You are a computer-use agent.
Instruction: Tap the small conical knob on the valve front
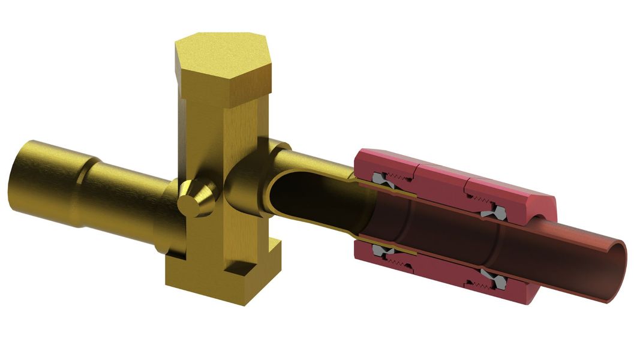[x=197, y=199]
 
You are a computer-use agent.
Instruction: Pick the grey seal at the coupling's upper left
[x=381, y=179]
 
